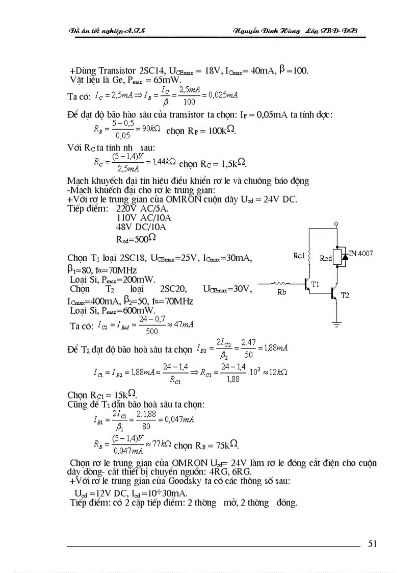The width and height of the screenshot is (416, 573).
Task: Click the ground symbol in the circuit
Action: point(336,323)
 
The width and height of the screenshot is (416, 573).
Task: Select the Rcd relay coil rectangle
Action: point(336,257)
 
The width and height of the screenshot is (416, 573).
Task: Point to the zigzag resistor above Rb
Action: point(281,284)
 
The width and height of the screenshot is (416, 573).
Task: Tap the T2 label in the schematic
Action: point(345,295)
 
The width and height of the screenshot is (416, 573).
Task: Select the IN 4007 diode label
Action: point(361,253)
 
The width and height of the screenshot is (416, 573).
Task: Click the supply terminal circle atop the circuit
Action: point(336,224)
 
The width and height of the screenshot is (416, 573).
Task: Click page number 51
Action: point(372,543)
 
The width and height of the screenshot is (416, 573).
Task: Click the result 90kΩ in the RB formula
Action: point(150,129)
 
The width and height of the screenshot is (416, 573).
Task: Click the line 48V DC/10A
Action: point(142,227)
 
